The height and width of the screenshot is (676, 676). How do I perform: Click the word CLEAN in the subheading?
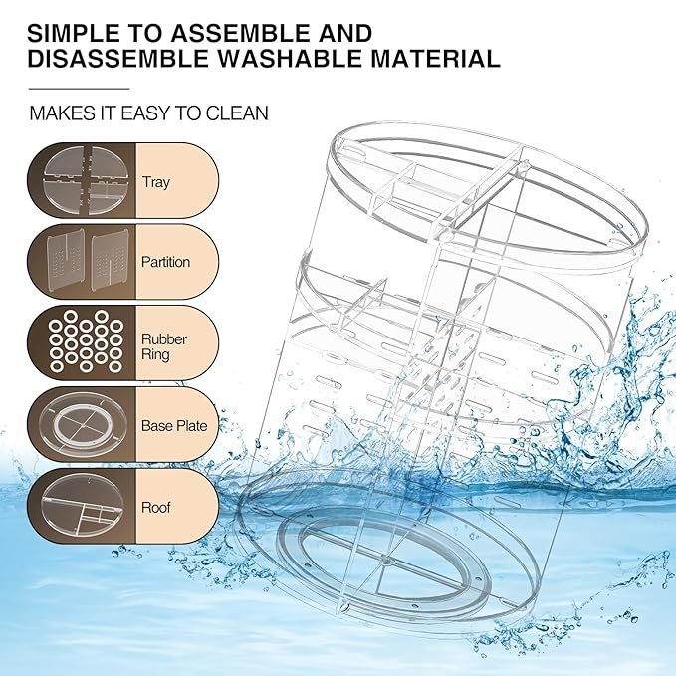tap(237, 113)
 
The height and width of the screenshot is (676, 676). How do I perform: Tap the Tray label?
tap(156, 182)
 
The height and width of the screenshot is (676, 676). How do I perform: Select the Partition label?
tap(165, 263)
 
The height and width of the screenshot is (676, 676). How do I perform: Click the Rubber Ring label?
tap(163, 346)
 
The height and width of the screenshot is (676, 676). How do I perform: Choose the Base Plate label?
tap(173, 426)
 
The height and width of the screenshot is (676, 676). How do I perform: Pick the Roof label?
tap(156, 507)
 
